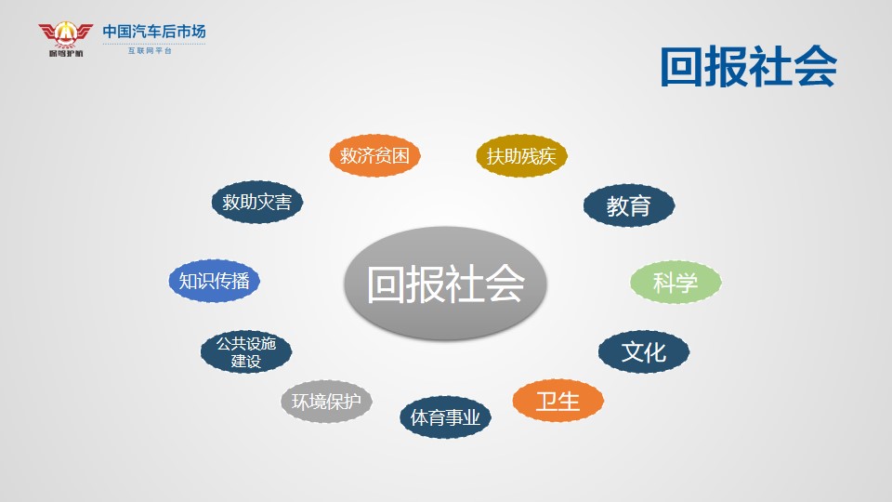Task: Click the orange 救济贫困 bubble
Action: click(x=374, y=155)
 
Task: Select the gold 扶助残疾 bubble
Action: click(x=521, y=155)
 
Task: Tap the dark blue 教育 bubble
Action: click(x=629, y=205)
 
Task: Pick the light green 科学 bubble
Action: click(x=676, y=283)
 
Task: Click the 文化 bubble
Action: click(x=643, y=351)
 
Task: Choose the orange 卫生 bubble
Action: click(x=557, y=401)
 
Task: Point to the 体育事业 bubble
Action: click(x=445, y=417)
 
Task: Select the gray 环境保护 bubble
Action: click(x=326, y=402)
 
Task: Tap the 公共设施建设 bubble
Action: click(x=245, y=351)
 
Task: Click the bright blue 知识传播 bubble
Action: click(x=214, y=281)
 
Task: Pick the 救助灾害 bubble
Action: click(x=256, y=202)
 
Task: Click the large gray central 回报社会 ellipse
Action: click(x=445, y=284)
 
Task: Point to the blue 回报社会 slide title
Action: click(x=748, y=67)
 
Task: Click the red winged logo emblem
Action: click(x=65, y=34)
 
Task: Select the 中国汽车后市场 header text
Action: click(x=154, y=32)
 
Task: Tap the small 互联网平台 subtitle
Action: click(x=150, y=50)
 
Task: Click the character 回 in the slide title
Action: click(x=681, y=67)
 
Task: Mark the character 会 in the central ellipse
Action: click(x=504, y=284)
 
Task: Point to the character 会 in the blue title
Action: click(x=815, y=67)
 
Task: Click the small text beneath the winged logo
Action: click(x=66, y=54)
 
